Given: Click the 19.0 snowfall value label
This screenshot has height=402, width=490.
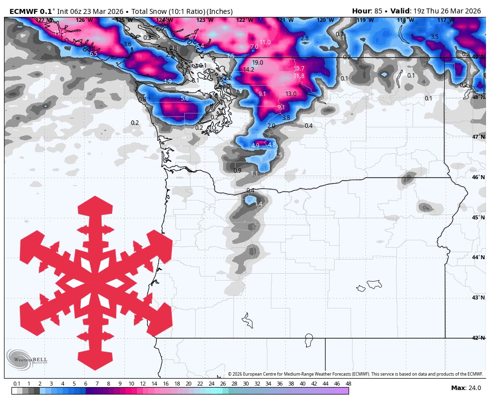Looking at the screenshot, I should click(x=257, y=63).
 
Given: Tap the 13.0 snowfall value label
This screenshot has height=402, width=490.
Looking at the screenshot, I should click(x=291, y=94).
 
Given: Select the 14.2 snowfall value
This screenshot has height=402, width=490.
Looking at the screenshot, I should click(x=249, y=70).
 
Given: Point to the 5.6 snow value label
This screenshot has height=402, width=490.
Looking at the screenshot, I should click(x=185, y=99).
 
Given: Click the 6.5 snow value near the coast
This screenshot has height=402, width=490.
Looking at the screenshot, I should click(x=93, y=53).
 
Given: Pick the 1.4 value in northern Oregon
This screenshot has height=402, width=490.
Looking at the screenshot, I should click(x=258, y=204).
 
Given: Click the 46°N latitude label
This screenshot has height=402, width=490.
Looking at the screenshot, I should click(x=478, y=178).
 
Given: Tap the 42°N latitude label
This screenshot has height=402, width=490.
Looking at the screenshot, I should click(x=478, y=338).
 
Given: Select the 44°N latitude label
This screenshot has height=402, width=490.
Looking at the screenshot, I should click(x=478, y=257).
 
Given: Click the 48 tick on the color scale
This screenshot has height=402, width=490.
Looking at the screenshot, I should click(x=348, y=384).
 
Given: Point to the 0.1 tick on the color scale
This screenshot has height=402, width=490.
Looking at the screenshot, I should click(x=17, y=384).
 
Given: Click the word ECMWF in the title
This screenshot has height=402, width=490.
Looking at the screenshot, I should click(x=23, y=11).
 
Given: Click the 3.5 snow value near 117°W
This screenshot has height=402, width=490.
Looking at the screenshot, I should click(x=434, y=37).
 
